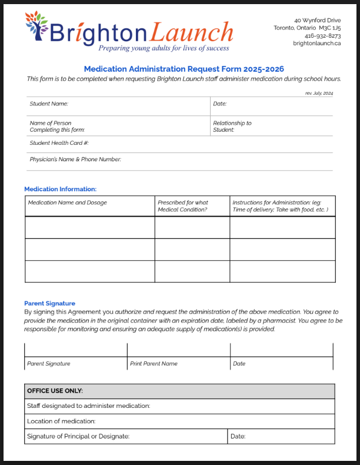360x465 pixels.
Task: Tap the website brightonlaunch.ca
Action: coord(316,43)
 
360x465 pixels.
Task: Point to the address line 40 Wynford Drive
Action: coord(317,20)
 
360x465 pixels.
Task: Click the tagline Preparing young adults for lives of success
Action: coord(164,48)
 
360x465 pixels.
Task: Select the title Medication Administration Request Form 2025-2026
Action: coord(184,69)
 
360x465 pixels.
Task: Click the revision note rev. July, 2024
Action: coord(319,93)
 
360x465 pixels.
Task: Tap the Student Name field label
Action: coord(49,104)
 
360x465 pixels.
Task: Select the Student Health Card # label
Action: coord(59,143)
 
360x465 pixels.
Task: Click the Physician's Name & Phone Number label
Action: coord(75,160)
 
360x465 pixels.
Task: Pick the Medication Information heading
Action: coord(60,189)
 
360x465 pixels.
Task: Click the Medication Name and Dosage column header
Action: coord(68,202)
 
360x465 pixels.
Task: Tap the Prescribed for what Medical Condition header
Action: coord(183,206)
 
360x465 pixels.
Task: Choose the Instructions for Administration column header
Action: coord(280,206)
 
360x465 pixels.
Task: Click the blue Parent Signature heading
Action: coord(49,304)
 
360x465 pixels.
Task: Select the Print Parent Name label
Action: coord(154,364)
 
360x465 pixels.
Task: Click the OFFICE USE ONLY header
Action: coord(55,391)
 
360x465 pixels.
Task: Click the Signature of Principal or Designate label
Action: coord(78,436)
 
